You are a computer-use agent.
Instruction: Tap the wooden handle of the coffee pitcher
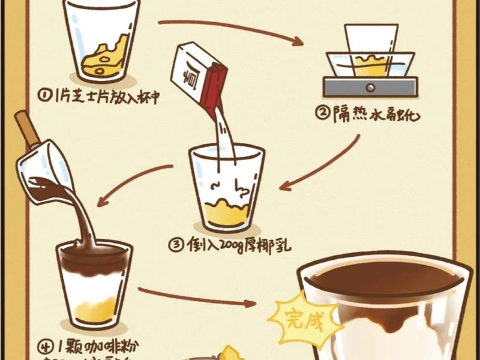click(x=25, y=130)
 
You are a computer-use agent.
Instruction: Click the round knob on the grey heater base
click(x=371, y=88)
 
